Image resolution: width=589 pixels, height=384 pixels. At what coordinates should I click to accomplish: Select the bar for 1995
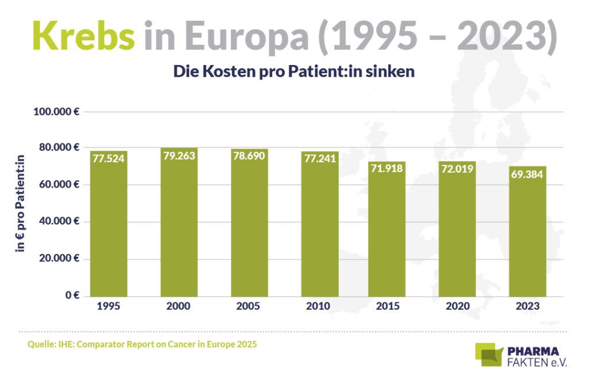point(109,230)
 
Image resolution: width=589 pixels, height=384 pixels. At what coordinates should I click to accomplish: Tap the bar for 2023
point(527,236)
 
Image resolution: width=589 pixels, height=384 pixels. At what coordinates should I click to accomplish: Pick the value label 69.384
point(527,173)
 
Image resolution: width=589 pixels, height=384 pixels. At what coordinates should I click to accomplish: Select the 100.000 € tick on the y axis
point(56,111)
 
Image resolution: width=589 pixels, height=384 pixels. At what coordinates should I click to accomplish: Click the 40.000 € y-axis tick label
point(58,222)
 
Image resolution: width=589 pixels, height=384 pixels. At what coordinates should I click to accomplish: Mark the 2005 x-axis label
point(248,306)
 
